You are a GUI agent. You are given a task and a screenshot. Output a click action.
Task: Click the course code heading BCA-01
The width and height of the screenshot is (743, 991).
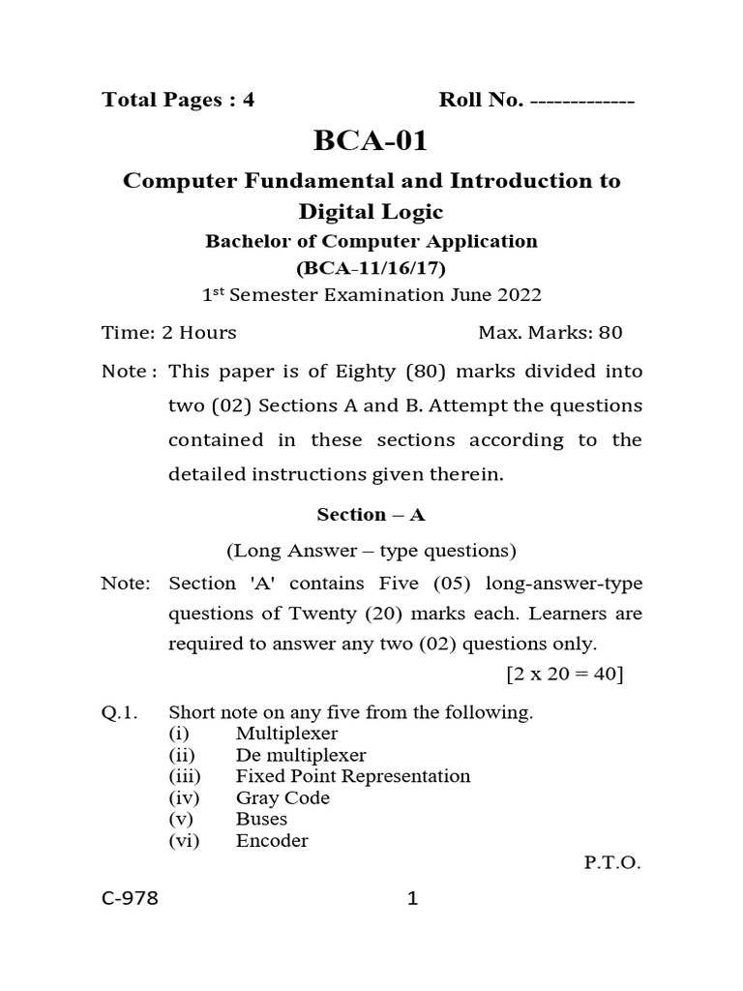pyautogui.click(x=371, y=141)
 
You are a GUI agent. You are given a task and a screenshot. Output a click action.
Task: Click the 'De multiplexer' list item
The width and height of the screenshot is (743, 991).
pyautogui.click(x=301, y=756)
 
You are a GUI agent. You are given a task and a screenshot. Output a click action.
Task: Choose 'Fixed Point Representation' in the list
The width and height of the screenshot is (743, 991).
pyautogui.click(x=353, y=776)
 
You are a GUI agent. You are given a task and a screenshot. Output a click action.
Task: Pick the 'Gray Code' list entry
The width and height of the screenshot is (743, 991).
pyautogui.click(x=282, y=798)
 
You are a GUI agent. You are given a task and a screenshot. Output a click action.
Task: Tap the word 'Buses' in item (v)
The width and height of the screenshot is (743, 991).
pyautogui.click(x=261, y=820)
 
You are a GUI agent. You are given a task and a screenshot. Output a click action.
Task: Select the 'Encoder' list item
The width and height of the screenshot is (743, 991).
pyautogui.click(x=272, y=841)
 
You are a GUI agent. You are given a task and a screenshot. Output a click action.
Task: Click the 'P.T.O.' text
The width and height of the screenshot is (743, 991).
pyautogui.click(x=611, y=862)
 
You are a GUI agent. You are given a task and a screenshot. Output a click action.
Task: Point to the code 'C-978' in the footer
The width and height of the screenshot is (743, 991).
pyautogui.click(x=130, y=899)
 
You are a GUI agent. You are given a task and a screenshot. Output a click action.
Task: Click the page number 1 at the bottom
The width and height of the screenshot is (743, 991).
pyautogui.click(x=412, y=899)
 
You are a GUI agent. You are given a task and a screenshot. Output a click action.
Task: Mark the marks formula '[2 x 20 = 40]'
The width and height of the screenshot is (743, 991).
pyautogui.click(x=551, y=674)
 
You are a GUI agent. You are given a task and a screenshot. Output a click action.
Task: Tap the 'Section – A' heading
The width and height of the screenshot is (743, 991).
pyautogui.click(x=371, y=514)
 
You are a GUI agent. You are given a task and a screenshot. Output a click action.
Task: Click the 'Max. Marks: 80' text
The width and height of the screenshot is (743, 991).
pyautogui.click(x=550, y=333)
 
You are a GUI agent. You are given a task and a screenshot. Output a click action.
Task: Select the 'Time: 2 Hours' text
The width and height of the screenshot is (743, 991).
pyautogui.click(x=169, y=333)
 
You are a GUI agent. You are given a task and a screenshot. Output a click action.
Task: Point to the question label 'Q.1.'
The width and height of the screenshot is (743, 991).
pyautogui.click(x=121, y=713)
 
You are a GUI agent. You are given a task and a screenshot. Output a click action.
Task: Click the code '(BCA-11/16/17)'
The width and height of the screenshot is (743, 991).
pyautogui.click(x=371, y=267)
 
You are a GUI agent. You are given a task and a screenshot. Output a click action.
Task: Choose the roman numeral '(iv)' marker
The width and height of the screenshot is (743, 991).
pyautogui.click(x=184, y=798)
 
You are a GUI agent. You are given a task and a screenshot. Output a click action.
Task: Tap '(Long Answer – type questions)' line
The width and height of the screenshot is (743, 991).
pyautogui.click(x=371, y=551)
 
